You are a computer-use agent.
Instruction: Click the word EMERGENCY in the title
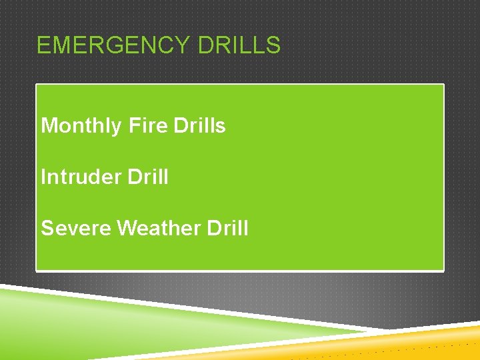(x=113, y=45)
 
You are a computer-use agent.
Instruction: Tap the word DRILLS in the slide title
(x=239, y=45)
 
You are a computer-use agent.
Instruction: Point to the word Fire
(x=147, y=125)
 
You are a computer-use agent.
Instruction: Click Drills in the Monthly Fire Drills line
(x=199, y=125)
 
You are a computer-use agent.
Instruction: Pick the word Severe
(x=76, y=228)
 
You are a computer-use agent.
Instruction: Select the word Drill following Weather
(x=227, y=228)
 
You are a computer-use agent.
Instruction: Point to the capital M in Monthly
(x=49, y=125)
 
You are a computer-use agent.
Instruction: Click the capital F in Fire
(x=133, y=125)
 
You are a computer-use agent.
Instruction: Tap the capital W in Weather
(x=127, y=228)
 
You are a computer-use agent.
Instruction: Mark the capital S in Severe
(x=47, y=228)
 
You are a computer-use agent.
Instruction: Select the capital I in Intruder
(x=43, y=177)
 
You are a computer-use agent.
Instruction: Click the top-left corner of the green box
(x=37, y=85)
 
